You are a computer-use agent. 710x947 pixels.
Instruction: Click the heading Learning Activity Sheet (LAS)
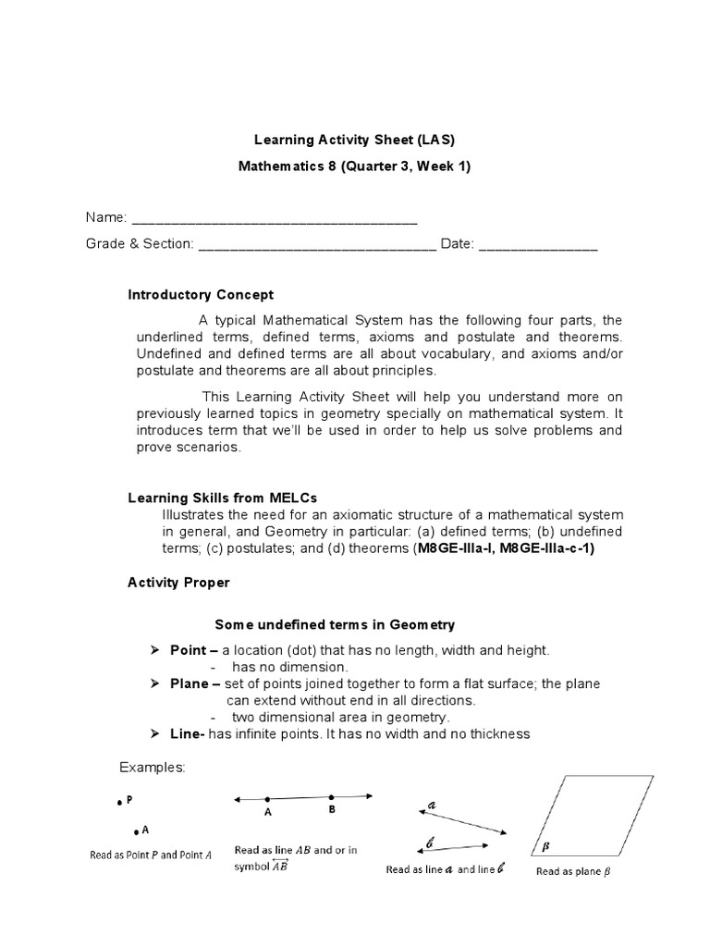point(355,140)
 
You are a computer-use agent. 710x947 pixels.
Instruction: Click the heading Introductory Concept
point(200,295)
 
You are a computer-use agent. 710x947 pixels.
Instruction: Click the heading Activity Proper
point(178,583)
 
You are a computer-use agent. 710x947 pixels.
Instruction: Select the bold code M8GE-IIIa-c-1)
point(546,548)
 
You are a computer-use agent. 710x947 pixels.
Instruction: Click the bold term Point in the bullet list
point(190,650)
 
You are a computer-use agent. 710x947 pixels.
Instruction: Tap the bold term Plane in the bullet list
point(190,683)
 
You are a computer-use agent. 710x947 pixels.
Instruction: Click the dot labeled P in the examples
point(119,804)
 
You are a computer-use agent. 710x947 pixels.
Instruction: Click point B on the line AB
point(331,796)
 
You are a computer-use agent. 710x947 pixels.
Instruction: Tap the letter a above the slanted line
point(432,805)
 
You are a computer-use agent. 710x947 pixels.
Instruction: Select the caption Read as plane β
point(574,872)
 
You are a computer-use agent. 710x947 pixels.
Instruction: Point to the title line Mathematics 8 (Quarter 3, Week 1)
point(355,168)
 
